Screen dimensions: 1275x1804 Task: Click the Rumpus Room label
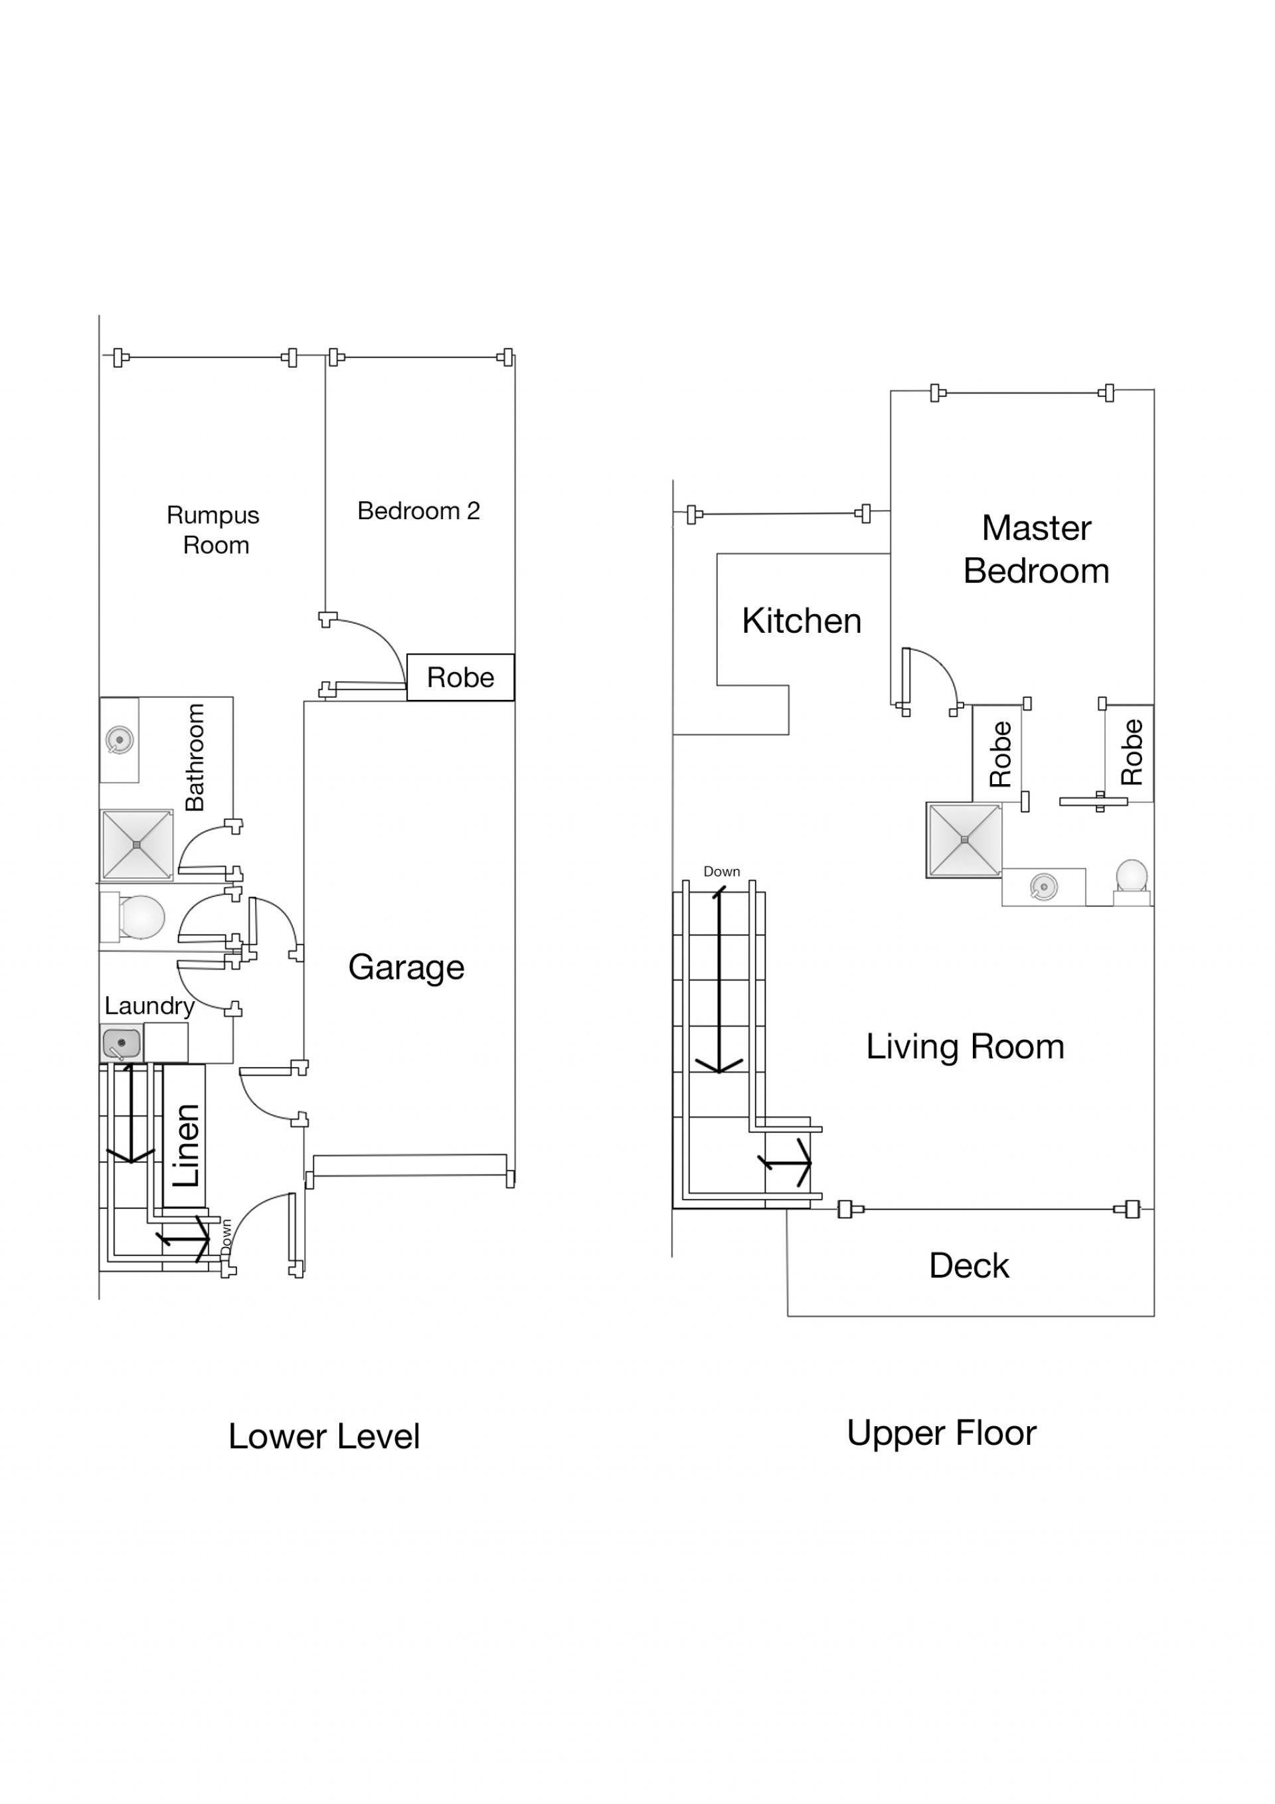tap(214, 531)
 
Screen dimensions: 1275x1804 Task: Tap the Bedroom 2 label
tap(418, 511)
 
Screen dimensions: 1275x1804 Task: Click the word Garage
tap(406, 968)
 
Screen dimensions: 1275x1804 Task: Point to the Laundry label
tap(149, 1007)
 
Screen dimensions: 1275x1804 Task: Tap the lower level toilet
tap(132, 916)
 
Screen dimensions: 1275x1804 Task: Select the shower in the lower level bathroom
tap(137, 845)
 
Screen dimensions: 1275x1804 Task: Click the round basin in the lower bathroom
tap(120, 740)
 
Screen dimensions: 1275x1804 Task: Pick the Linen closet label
tap(187, 1145)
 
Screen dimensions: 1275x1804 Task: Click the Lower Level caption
tap(324, 1437)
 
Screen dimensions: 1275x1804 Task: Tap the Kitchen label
tap(802, 621)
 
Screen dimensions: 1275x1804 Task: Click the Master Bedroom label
tap(1036, 549)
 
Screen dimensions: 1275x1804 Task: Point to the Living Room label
tap(966, 1046)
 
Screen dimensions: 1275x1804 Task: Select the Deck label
tap(970, 1266)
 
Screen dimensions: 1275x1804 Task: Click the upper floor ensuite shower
tap(964, 840)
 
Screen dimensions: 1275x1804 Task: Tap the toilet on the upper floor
tap(1132, 883)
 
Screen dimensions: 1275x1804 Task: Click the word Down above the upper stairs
tap(722, 871)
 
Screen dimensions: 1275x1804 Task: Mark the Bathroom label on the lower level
tap(194, 758)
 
